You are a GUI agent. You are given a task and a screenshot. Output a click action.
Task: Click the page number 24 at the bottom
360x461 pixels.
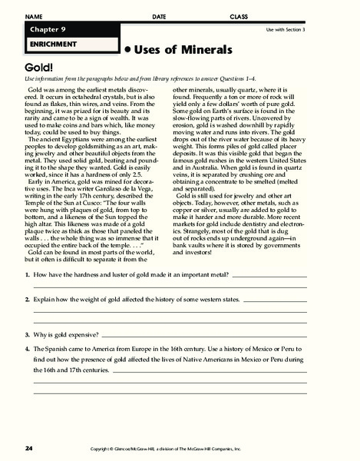[28, 448]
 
